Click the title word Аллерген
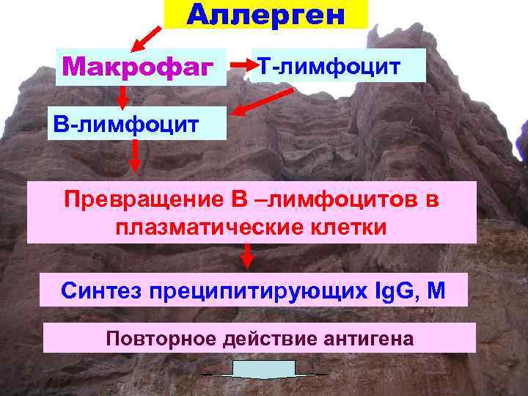click(x=265, y=14)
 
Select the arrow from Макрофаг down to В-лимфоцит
click(x=123, y=95)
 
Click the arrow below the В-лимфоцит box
click(x=135, y=155)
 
